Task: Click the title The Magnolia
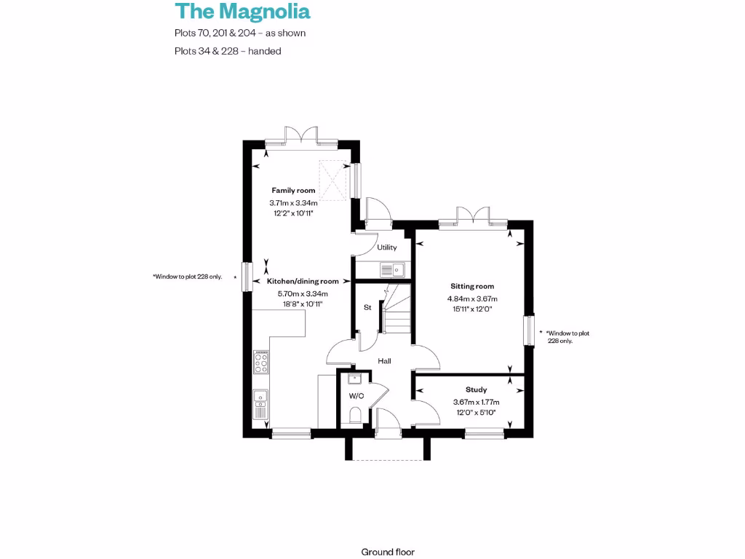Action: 242,12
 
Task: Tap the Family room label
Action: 293,191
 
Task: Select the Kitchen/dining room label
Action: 303,281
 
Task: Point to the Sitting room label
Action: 471,287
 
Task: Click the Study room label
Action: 476,390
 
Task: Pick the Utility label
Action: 387,248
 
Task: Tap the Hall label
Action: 384,361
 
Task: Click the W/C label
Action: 356,396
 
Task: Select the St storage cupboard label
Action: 367,308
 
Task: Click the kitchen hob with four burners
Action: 260,362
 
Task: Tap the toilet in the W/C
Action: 356,416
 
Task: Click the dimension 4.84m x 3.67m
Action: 471,298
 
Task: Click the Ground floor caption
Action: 388,552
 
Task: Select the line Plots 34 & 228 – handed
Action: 228,51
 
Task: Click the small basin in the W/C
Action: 355,379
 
